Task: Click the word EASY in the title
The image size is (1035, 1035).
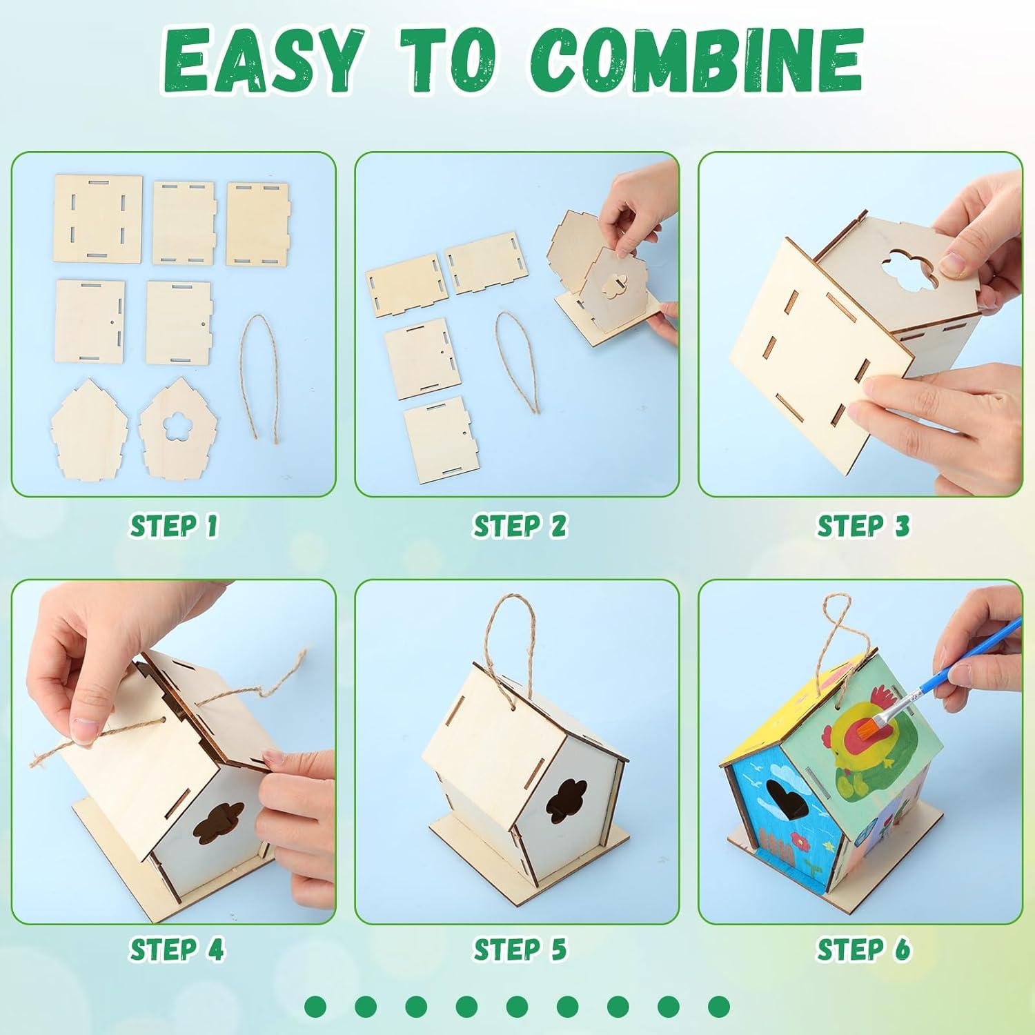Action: tap(262, 66)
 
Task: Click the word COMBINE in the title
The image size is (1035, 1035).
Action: tap(697, 66)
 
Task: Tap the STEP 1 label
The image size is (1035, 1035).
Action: tap(174, 526)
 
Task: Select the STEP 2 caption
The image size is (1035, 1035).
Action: tap(520, 526)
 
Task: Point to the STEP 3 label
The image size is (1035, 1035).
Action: tap(863, 526)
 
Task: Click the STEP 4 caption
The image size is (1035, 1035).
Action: tap(177, 949)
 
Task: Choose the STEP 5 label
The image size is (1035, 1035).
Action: tap(520, 949)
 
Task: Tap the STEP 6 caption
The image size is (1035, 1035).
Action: tap(863, 949)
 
